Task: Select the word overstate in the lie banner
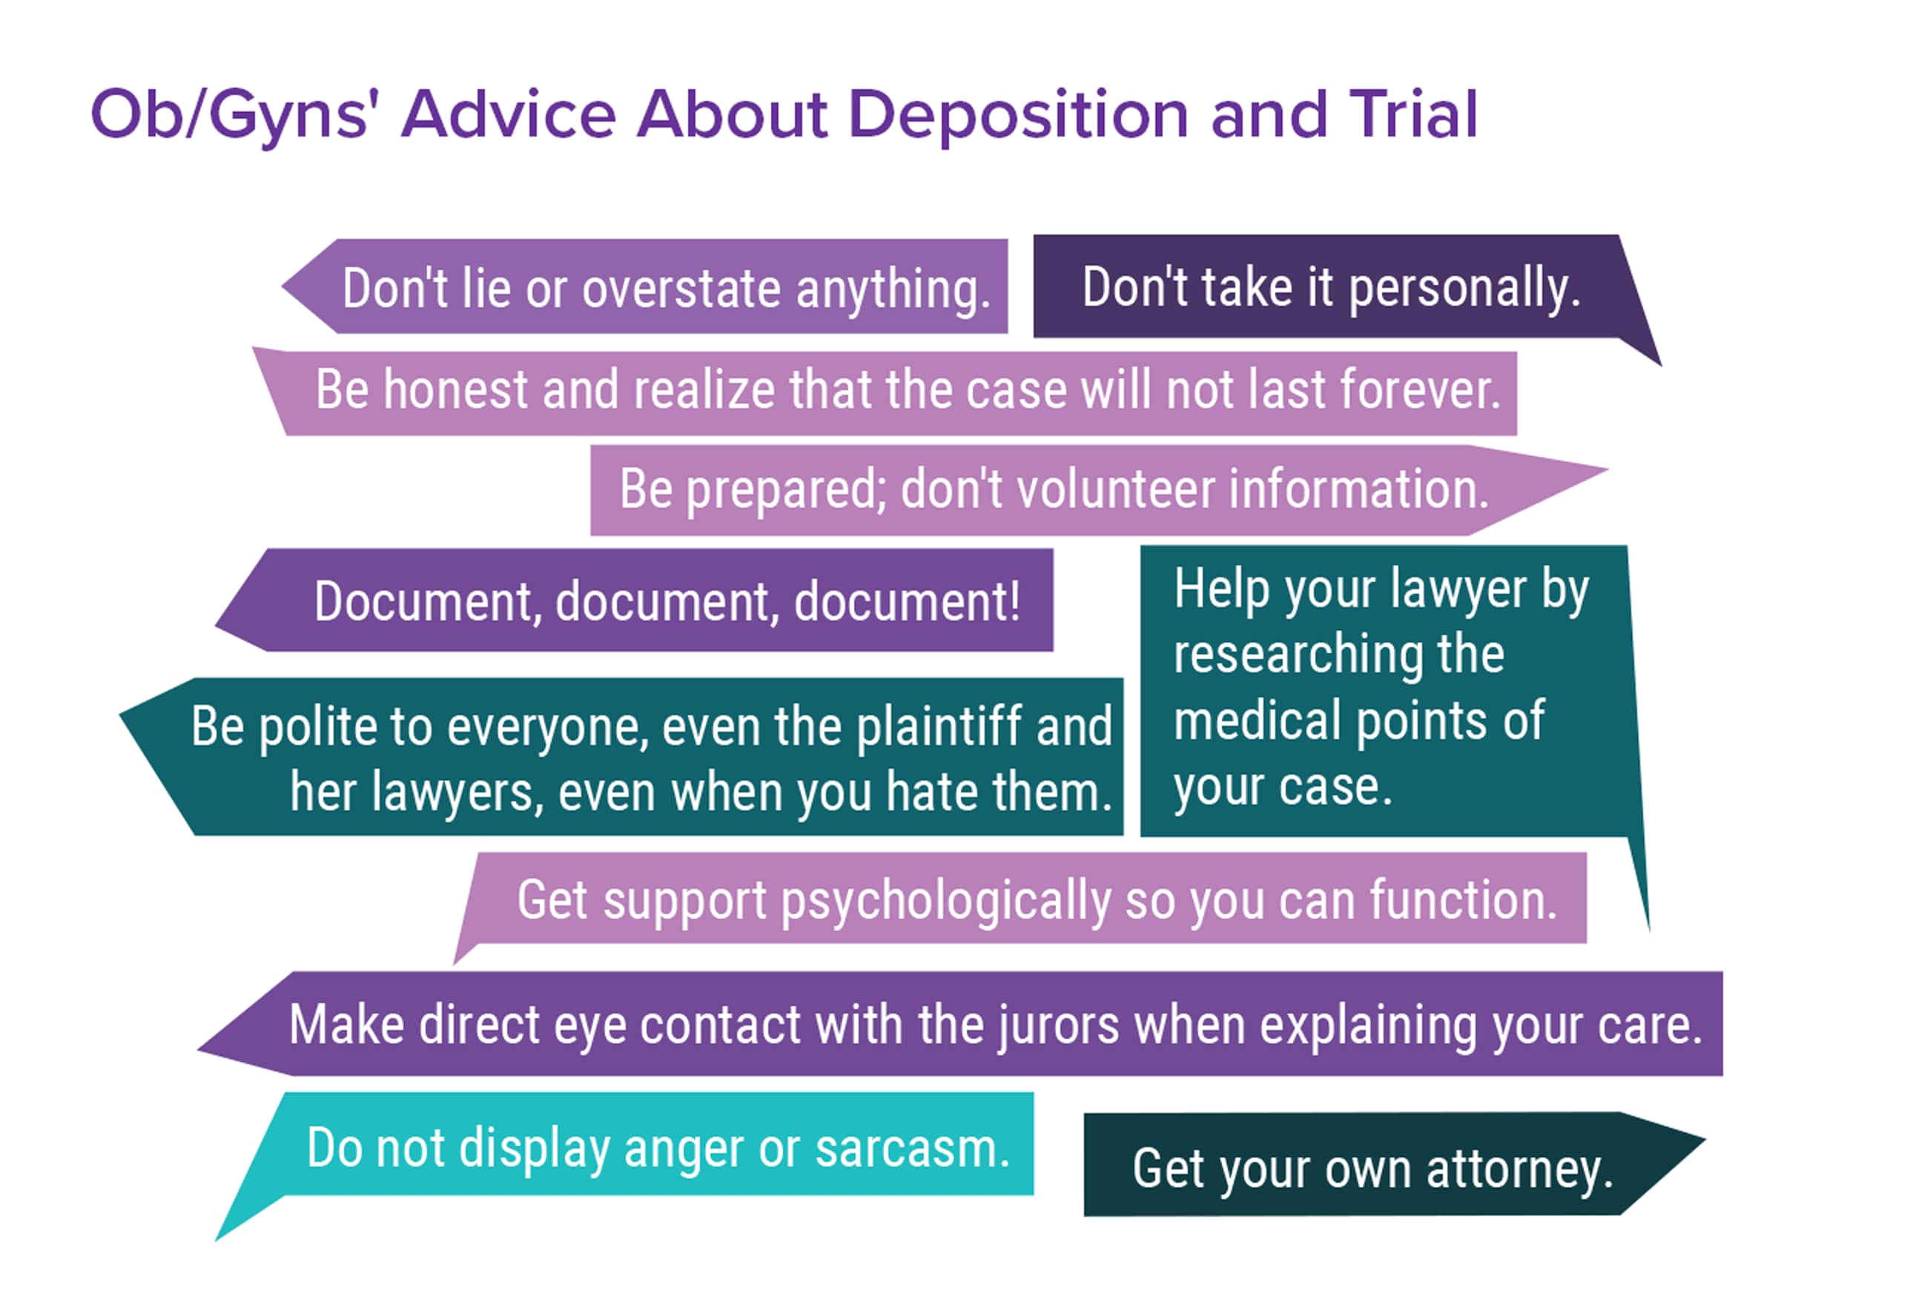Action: (x=681, y=289)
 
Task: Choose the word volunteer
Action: (x=1115, y=489)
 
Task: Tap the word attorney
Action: (x=1519, y=1169)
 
